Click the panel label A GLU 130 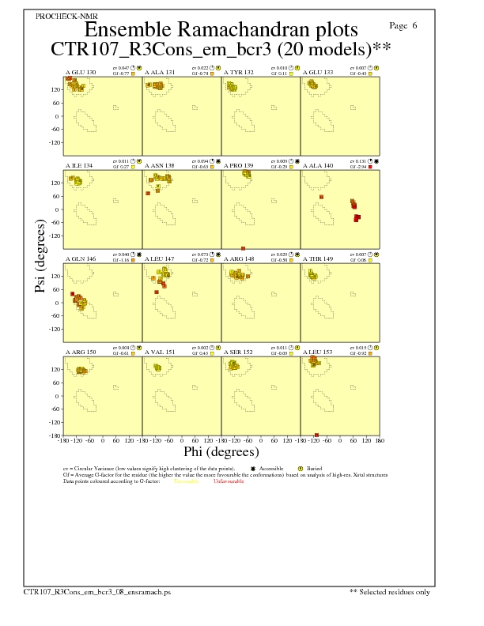coord(81,73)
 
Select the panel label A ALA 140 coord(318,166)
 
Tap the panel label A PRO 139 coord(239,166)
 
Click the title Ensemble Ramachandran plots coord(221,30)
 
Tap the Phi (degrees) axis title coord(221,452)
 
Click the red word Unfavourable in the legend coord(229,481)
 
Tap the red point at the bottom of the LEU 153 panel coord(316,435)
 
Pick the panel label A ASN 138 coord(160,166)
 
